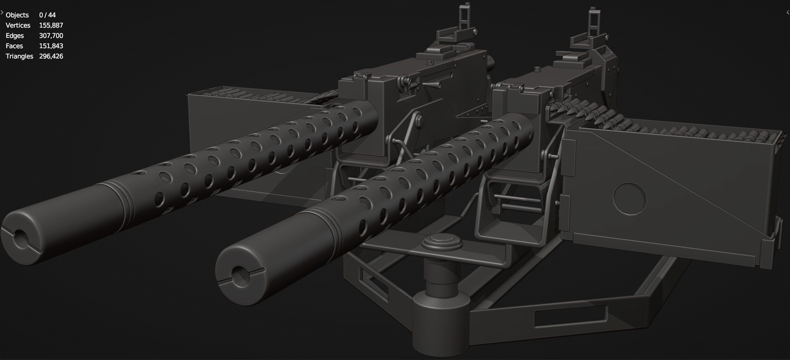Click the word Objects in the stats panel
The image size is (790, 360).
coord(17,15)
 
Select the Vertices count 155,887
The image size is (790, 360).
coord(51,26)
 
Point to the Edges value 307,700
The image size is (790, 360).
coord(51,36)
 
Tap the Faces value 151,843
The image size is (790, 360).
coord(51,46)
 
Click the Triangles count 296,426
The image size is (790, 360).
coord(51,56)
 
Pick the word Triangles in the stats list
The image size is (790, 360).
coord(19,56)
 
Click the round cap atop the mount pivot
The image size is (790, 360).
coord(441,242)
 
